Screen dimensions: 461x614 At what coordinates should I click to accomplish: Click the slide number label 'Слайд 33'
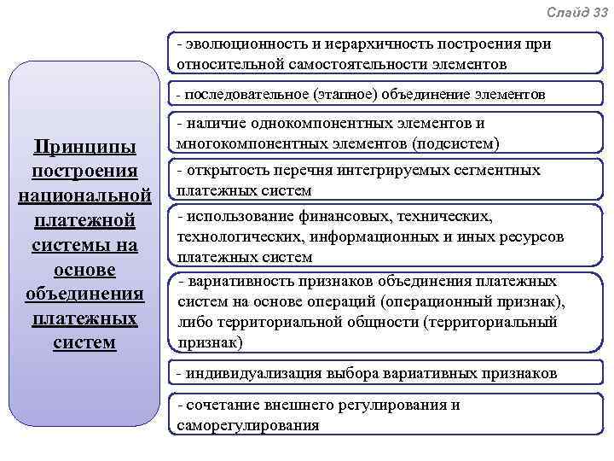[577, 12]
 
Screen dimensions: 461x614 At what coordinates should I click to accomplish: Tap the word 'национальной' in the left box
[84, 196]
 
